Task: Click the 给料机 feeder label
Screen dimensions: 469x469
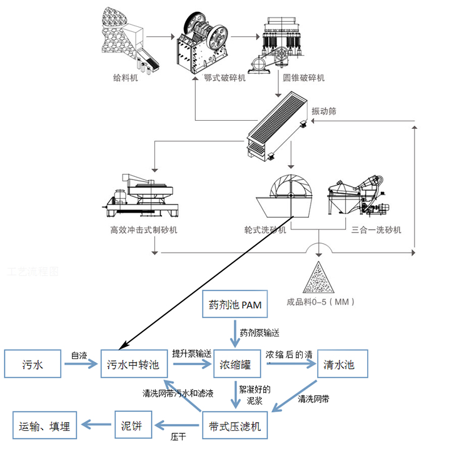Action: pos(125,78)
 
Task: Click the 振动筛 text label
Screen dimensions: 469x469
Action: pos(324,111)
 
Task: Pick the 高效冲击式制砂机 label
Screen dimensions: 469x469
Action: pos(143,229)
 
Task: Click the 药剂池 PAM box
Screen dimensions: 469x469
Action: pos(234,306)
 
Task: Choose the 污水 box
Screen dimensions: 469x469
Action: pos(33,364)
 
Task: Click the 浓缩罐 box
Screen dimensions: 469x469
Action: pos(236,364)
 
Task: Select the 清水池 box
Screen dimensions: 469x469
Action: pos(338,364)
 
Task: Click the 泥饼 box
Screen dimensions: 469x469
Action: pos(132,427)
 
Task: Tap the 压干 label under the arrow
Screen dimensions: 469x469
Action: pos(178,438)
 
